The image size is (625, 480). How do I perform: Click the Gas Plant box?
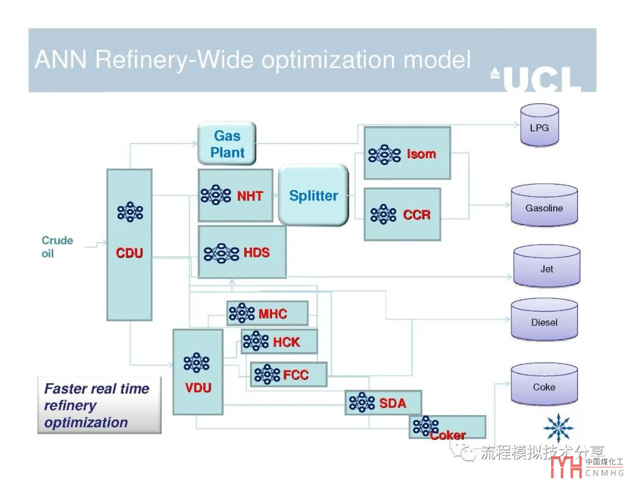227,144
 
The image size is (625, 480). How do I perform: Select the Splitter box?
313,195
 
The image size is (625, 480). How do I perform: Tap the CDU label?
130,253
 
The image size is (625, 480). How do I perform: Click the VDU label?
198,387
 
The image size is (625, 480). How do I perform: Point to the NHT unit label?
249,196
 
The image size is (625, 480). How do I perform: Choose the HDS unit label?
256,252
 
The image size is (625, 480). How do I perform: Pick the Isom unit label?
421,154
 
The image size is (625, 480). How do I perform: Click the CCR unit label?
417,215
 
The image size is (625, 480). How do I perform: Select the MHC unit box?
267,313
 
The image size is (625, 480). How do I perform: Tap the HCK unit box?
280,342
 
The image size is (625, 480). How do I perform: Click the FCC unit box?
288,375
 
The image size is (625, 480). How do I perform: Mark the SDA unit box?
383,402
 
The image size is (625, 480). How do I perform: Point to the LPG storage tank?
539,127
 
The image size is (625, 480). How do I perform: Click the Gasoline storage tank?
544,207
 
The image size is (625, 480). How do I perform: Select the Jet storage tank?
546,267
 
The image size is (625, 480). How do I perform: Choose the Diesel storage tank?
544,321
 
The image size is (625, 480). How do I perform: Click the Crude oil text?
57,247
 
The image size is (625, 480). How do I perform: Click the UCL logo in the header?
536,79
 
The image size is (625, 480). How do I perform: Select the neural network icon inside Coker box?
426,426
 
